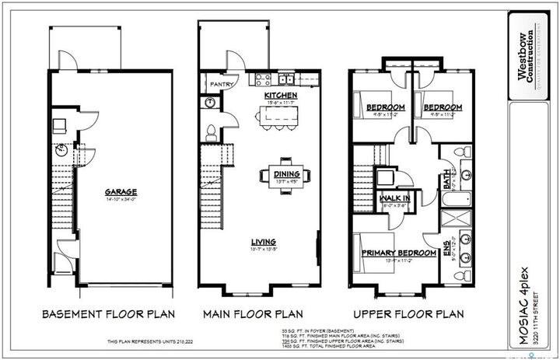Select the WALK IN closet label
395,199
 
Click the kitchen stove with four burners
260,79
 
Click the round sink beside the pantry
211,103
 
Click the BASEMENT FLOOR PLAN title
109,315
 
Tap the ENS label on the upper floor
446,250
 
